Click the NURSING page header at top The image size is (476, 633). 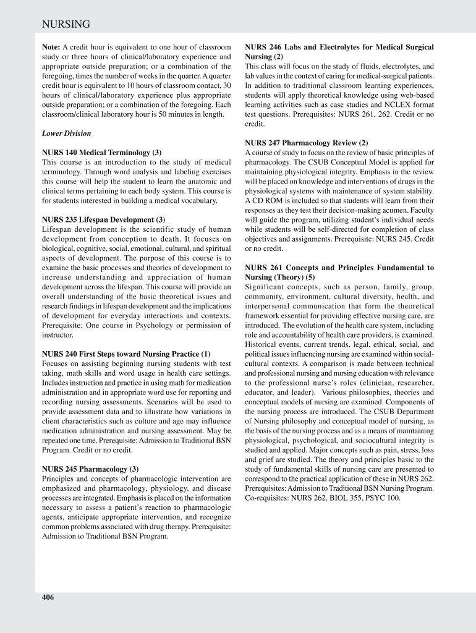66,24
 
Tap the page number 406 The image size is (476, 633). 48,597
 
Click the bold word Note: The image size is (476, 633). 51,47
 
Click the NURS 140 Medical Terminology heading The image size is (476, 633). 101,152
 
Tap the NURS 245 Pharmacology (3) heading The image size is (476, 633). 90,469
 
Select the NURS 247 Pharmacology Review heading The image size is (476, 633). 306,143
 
